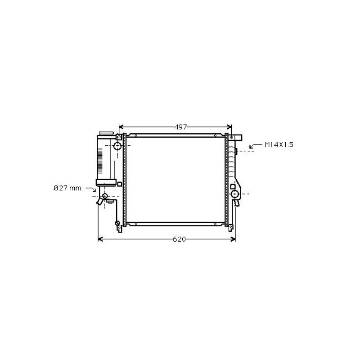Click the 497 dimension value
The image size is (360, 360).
click(181, 127)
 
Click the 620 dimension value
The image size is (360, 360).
click(179, 239)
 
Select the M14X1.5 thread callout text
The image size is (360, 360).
click(279, 144)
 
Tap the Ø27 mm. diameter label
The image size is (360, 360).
click(68, 188)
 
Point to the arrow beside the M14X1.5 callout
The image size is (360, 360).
click(255, 146)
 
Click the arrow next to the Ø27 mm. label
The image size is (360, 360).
click(91, 189)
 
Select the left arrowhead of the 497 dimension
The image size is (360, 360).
click(121, 127)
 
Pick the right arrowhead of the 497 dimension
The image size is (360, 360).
click(229, 127)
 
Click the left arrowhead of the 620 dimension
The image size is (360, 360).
click(100, 239)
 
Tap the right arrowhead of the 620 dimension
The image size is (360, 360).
click(233, 239)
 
